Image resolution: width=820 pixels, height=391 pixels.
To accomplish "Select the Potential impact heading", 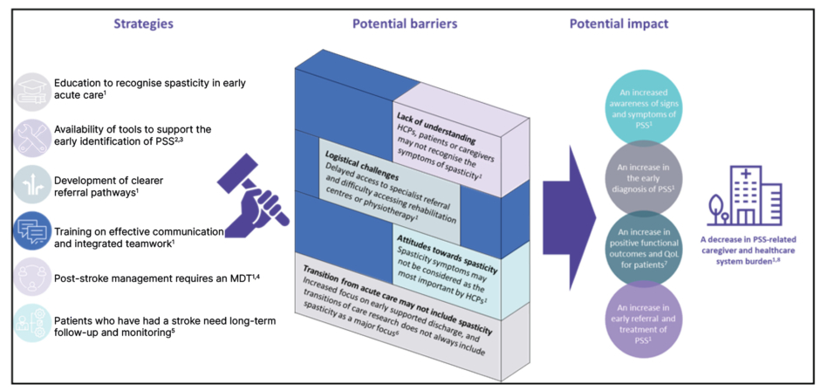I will point(615,24).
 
